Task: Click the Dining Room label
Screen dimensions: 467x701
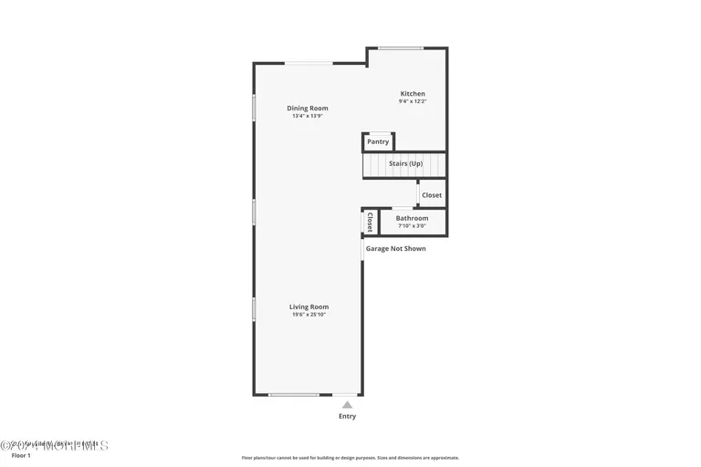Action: (308, 108)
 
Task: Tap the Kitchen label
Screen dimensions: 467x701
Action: (413, 93)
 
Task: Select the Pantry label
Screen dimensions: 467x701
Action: (378, 141)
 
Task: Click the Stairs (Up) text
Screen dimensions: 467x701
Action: (405, 163)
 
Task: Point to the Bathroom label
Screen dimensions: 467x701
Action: (412, 218)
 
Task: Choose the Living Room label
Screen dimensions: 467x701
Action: (309, 306)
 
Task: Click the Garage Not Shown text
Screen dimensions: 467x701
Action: (395, 248)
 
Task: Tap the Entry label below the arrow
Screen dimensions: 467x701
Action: (347, 416)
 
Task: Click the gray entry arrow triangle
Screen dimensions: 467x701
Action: (347, 404)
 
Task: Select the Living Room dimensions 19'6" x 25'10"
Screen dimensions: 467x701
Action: (309, 315)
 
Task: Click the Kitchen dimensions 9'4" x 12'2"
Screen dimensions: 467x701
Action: (413, 101)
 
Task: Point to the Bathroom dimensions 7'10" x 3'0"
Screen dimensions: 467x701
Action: (412, 226)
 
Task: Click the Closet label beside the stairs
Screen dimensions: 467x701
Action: (432, 195)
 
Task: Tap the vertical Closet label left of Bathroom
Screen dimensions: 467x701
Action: (370, 222)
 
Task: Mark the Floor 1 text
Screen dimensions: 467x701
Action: (21, 455)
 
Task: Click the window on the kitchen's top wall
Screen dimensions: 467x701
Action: (401, 48)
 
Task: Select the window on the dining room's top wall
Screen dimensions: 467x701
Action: (309, 63)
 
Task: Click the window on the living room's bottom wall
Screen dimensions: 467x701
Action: (294, 395)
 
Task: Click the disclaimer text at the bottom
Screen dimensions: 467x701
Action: (350, 458)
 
